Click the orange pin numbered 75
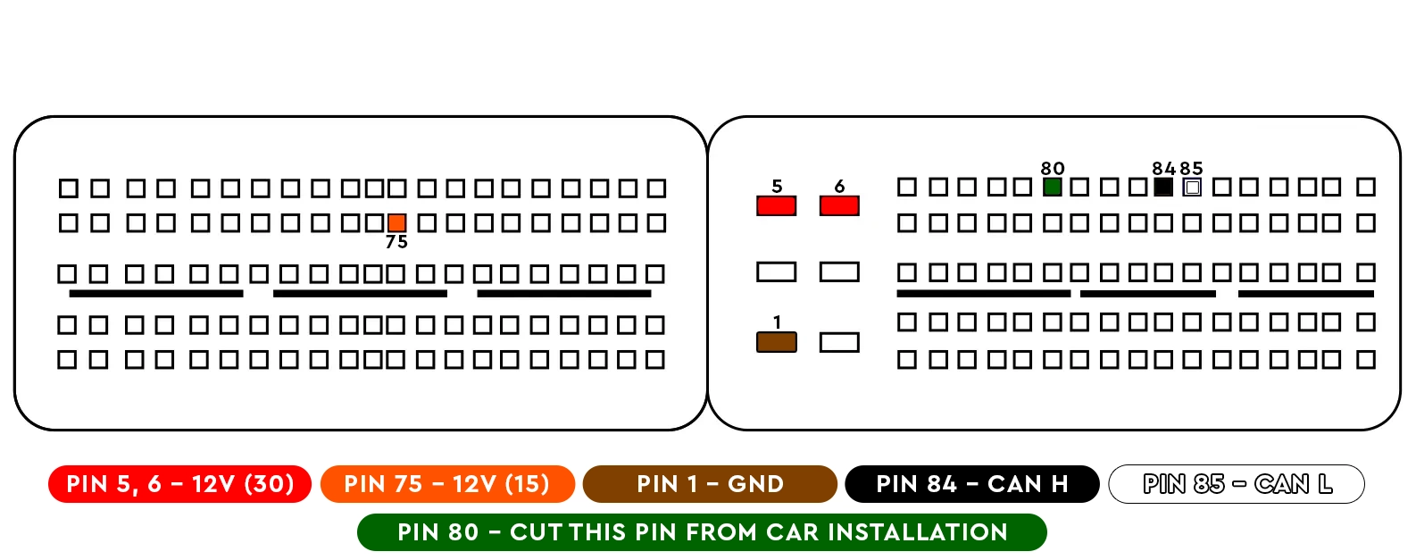pyautogui.click(x=397, y=222)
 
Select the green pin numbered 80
pyautogui.click(x=1053, y=187)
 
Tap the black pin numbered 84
pyautogui.click(x=1163, y=187)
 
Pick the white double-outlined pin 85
pyautogui.click(x=1192, y=187)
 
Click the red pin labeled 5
pyautogui.click(x=776, y=206)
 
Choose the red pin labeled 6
pyautogui.click(x=839, y=206)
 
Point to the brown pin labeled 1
pyautogui.click(x=776, y=342)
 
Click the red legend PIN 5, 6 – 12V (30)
pyautogui.click(x=179, y=484)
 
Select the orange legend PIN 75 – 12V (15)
pyautogui.click(x=447, y=484)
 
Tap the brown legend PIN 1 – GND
pyautogui.click(x=710, y=484)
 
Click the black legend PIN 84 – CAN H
pyautogui.click(x=972, y=484)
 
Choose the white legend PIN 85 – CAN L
pyautogui.click(x=1237, y=484)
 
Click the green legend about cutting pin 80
pyautogui.click(x=702, y=532)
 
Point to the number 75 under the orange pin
pyautogui.click(x=397, y=242)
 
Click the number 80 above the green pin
pyautogui.click(x=1053, y=169)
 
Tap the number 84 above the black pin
pyautogui.click(x=1163, y=169)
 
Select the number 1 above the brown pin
pyautogui.click(x=777, y=322)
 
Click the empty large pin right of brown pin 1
pyautogui.click(x=839, y=342)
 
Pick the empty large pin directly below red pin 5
pyautogui.click(x=776, y=272)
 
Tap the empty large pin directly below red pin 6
pyautogui.click(x=839, y=272)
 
